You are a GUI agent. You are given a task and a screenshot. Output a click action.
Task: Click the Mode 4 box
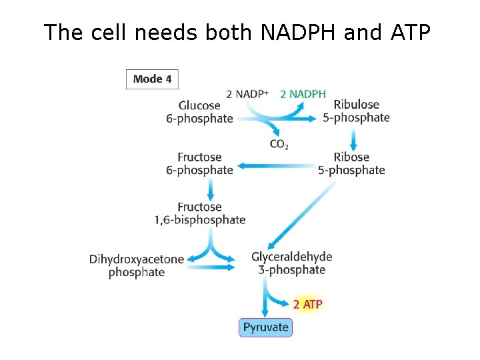pyautogui.click(x=152, y=79)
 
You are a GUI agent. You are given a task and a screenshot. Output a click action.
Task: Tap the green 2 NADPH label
pyautogui.click(x=303, y=94)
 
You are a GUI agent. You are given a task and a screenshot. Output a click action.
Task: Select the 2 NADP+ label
pyautogui.click(x=247, y=94)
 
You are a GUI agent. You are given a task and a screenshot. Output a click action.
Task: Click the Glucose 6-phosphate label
pyautogui.click(x=200, y=112)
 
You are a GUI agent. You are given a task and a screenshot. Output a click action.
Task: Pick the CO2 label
pyautogui.click(x=279, y=144)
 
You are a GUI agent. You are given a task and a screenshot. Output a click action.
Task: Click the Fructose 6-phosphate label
pyautogui.click(x=200, y=163)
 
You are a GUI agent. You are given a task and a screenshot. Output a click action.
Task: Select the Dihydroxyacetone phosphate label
pyautogui.click(x=137, y=265)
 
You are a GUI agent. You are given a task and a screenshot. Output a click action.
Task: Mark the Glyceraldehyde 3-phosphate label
pyautogui.click(x=291, y=263)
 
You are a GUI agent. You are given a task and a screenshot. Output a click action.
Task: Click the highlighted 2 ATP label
pyautogui.click(x=307, y=305)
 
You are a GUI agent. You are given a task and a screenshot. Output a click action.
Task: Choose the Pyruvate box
pyautogui.click(x=265, y=327)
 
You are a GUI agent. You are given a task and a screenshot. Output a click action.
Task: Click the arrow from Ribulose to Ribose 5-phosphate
pyautogui.click(x=354, y=138)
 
